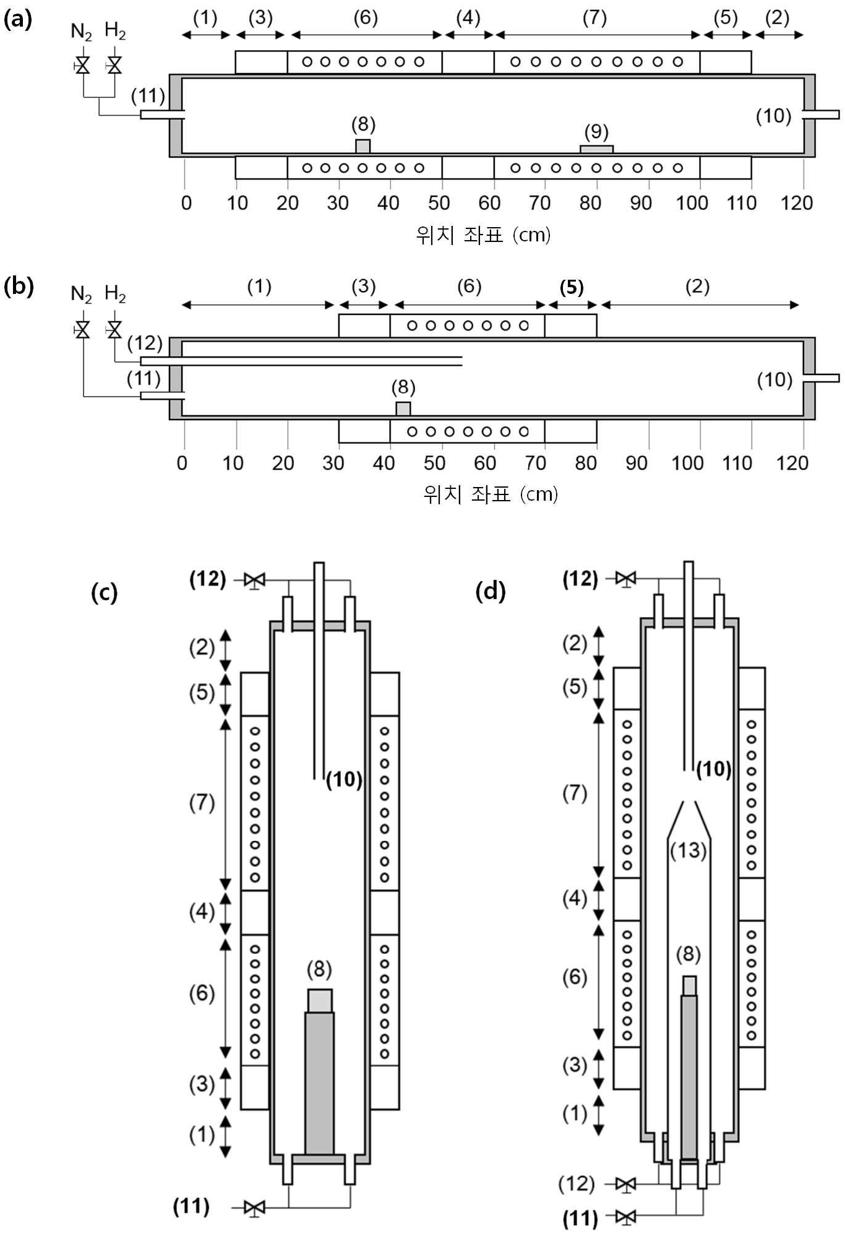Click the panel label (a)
tap(17, 19)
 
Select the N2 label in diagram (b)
tap(81, 293)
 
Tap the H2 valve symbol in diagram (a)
tap(114, 65)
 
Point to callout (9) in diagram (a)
tap(596, 132)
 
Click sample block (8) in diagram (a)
tap(363, 147)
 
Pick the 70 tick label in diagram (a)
tap(539, 202)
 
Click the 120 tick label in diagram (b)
tap(792, 463)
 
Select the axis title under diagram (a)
tap(483, 235)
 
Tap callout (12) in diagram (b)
tap(145, 343)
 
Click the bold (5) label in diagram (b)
tap(572, 287)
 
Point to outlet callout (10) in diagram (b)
tap(774, 379)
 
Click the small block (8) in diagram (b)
tap(403, 409)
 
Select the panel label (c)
tap(104, 592)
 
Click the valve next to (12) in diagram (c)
tap(254, 580)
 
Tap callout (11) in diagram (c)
tap(191, 1206)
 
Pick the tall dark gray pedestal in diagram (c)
tap(319, 1083)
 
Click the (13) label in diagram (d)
tap(688, 850)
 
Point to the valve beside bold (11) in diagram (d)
tap(626, 1217)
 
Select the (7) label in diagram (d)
tap(574, 793)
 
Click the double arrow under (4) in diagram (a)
tap(468, 35)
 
